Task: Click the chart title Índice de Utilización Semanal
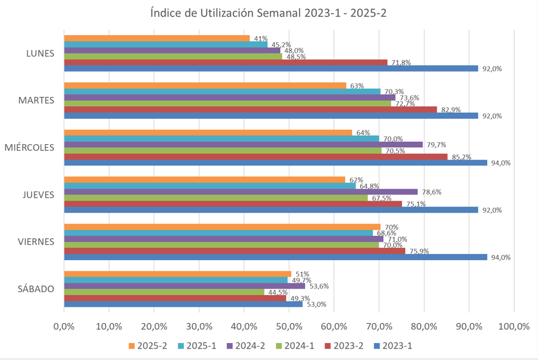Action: coord(269,14)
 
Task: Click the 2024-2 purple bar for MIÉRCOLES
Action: coord(243,145)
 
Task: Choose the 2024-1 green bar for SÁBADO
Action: coord(164,292)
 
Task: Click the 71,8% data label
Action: coord(402,62)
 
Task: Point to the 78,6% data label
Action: coord(432,192)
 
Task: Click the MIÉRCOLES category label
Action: coord(29,147)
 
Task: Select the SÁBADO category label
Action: coord(36,289)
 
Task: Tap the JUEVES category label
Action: coord(37,195)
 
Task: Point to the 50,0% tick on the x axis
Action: coord(289,327)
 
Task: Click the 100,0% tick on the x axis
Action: coord(514,327)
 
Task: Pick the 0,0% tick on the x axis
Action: coord(64,327)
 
